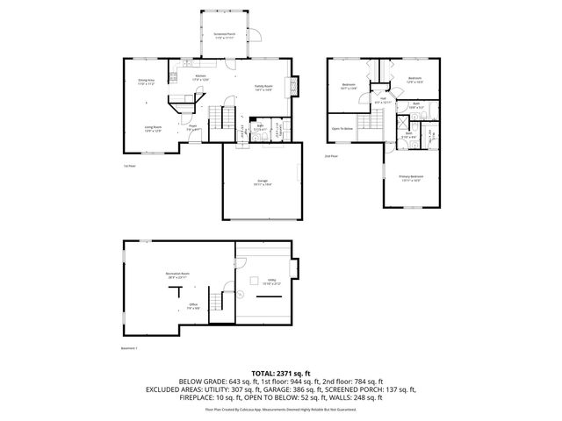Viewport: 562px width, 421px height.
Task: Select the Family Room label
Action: (x=263, y=87)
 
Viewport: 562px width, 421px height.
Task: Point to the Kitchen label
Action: (x=200, y=77)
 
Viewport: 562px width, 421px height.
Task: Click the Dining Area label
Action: (x=146, y=82)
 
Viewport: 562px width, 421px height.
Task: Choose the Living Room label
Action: (x=153, y=128)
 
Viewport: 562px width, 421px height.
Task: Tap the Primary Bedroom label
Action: (x=411, y=178)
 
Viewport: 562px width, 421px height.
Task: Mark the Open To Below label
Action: (x=342, y=129)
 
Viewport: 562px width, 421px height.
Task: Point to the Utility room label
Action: (x=267, y=282)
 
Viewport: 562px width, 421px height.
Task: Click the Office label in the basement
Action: (x=192, y=305)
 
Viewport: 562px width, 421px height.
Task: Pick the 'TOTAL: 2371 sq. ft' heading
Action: (x=280, y=372)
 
